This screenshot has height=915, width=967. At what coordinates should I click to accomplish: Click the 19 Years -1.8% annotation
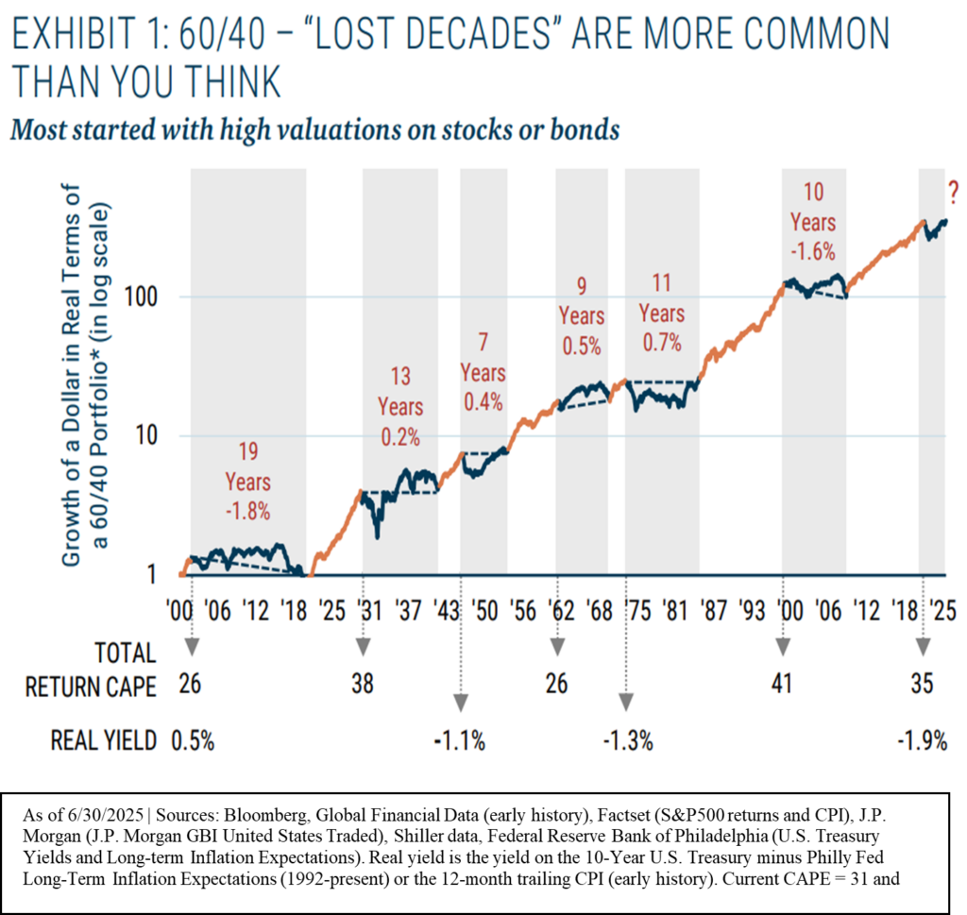pyautogui.click(x=248, y=482)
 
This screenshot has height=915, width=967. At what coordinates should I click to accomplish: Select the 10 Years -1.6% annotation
pyautogui.click(x=813, y=222)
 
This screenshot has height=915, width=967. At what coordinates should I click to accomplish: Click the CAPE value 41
pyautogui.click(x=781, y=685)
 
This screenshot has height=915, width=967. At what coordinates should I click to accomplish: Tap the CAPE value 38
pyautogui.click(x=363, y=685)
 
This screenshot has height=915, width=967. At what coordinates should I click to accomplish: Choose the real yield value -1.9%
pyautogui.click(x=921, y=741)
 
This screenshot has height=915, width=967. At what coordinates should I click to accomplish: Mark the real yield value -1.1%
pyautogui.click(x=461, y=741)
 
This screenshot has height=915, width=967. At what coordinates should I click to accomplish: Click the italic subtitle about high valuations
pyautogui.click(x=314, y=127)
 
